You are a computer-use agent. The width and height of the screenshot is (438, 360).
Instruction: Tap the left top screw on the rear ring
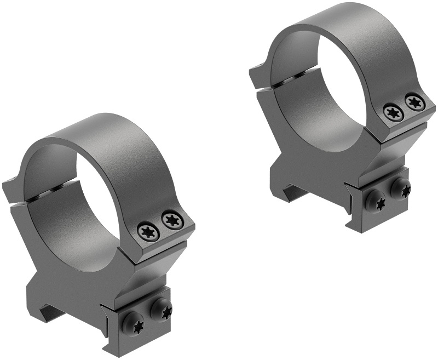tap(393, 112)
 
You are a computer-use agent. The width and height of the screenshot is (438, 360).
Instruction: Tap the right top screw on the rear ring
tap(414, 102)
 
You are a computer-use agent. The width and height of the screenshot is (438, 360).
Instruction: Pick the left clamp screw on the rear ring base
tap(377, 201)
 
